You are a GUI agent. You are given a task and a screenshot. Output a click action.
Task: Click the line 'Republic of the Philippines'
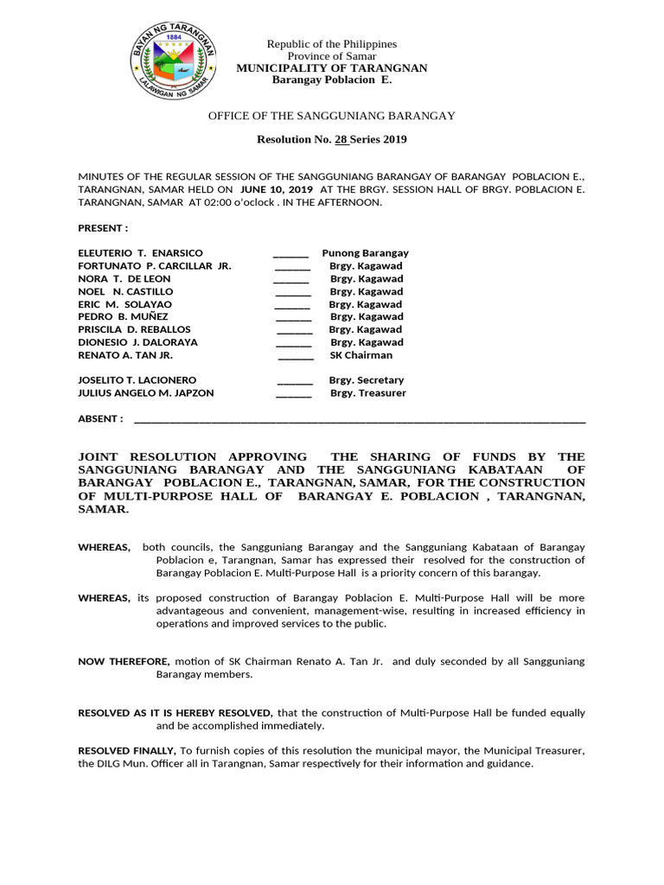pyautogui.click(x=331, y=44)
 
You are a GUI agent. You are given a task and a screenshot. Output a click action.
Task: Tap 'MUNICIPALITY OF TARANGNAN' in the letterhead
pyautogui.click(x=332, y=68)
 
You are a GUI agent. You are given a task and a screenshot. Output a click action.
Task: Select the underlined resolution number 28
pyautogui.click(x=340, y=139)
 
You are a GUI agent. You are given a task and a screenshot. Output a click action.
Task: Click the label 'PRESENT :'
pyautogui.click(x=103, y=228)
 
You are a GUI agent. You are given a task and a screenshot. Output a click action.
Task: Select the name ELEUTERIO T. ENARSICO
pyautogui.click(x=140, y=253)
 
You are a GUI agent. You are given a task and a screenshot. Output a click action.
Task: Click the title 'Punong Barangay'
pyautogui.click(x=365, y=253)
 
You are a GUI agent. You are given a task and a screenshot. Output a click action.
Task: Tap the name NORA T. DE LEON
pyautogui.click(x=124, y=279)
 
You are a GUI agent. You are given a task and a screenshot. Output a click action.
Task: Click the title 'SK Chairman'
pyautogui.click(x=361, y=355)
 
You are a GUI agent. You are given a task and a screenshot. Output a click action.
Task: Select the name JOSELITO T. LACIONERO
pyautogui.click(x=137, y=380)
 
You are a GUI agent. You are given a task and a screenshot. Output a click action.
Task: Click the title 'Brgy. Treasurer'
pyautogui.click(x=367, y=393)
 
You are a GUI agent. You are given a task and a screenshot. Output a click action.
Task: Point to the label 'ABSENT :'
pyautogui.click(x=100, y=419)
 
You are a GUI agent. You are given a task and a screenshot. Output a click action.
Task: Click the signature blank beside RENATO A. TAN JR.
pyautogui.click(x=296, y=356)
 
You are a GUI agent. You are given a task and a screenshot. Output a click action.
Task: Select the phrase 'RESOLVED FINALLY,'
pyautogui.click(x=127, y=751)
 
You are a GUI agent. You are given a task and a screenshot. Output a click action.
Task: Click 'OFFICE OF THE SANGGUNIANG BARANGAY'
pyautogui.click(x=331, y=116)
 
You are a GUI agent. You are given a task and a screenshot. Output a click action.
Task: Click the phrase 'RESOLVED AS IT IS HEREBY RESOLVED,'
pyautogui.click(x=176, y=713)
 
